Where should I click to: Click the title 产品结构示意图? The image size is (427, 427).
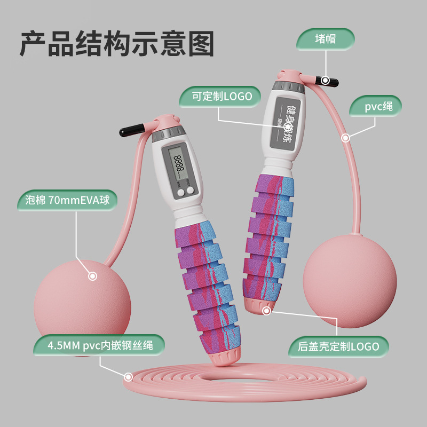coord(116,44)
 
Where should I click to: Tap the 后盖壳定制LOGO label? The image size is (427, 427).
coord(338,346)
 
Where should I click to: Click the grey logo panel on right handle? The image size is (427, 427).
coord(288,123)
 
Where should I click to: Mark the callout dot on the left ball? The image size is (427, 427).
coord(92,276)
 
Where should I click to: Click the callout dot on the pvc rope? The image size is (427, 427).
coord(345,138)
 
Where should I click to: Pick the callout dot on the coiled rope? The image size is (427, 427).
coord(128,377)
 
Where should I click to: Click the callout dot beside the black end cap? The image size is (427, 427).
coord(325,81)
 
